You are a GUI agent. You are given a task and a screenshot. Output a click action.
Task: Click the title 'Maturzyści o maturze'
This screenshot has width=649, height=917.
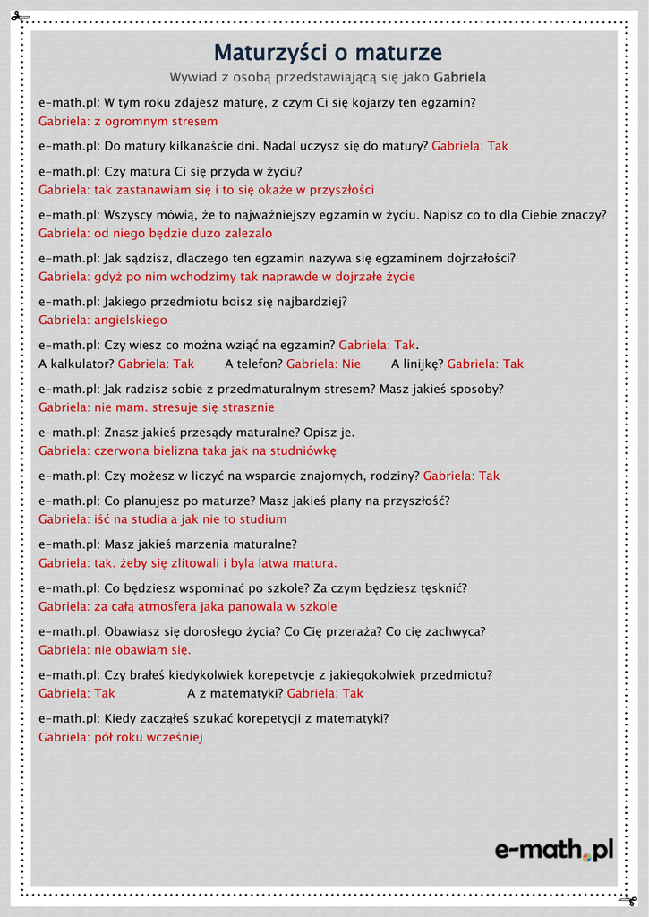tap(328, 53)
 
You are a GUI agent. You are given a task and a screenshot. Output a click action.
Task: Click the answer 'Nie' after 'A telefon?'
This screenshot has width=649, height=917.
tap(351, 364)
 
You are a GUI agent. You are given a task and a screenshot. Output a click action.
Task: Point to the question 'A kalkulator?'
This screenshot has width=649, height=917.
tap(76, 364)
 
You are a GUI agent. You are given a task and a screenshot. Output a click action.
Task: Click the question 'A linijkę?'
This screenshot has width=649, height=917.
tap(417, 364)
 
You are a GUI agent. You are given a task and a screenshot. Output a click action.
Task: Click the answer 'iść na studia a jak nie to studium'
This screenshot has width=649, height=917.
tap(196, 519)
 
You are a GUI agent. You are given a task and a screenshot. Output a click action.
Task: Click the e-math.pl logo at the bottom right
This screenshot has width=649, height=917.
tap(554, 849)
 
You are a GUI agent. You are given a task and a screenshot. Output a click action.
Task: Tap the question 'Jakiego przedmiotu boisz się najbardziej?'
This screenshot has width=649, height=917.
tap(226, 302)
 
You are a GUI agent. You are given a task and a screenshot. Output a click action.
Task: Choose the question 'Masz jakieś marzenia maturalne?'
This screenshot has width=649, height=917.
tap(201, 544)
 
